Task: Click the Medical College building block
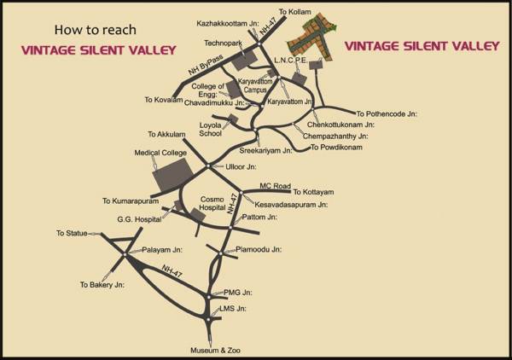coord(170,174)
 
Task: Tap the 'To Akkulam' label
coord(165,134)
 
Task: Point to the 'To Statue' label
coord(73,233)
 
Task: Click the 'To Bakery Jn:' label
coord(102,284)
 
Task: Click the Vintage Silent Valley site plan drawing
coord(311,36)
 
